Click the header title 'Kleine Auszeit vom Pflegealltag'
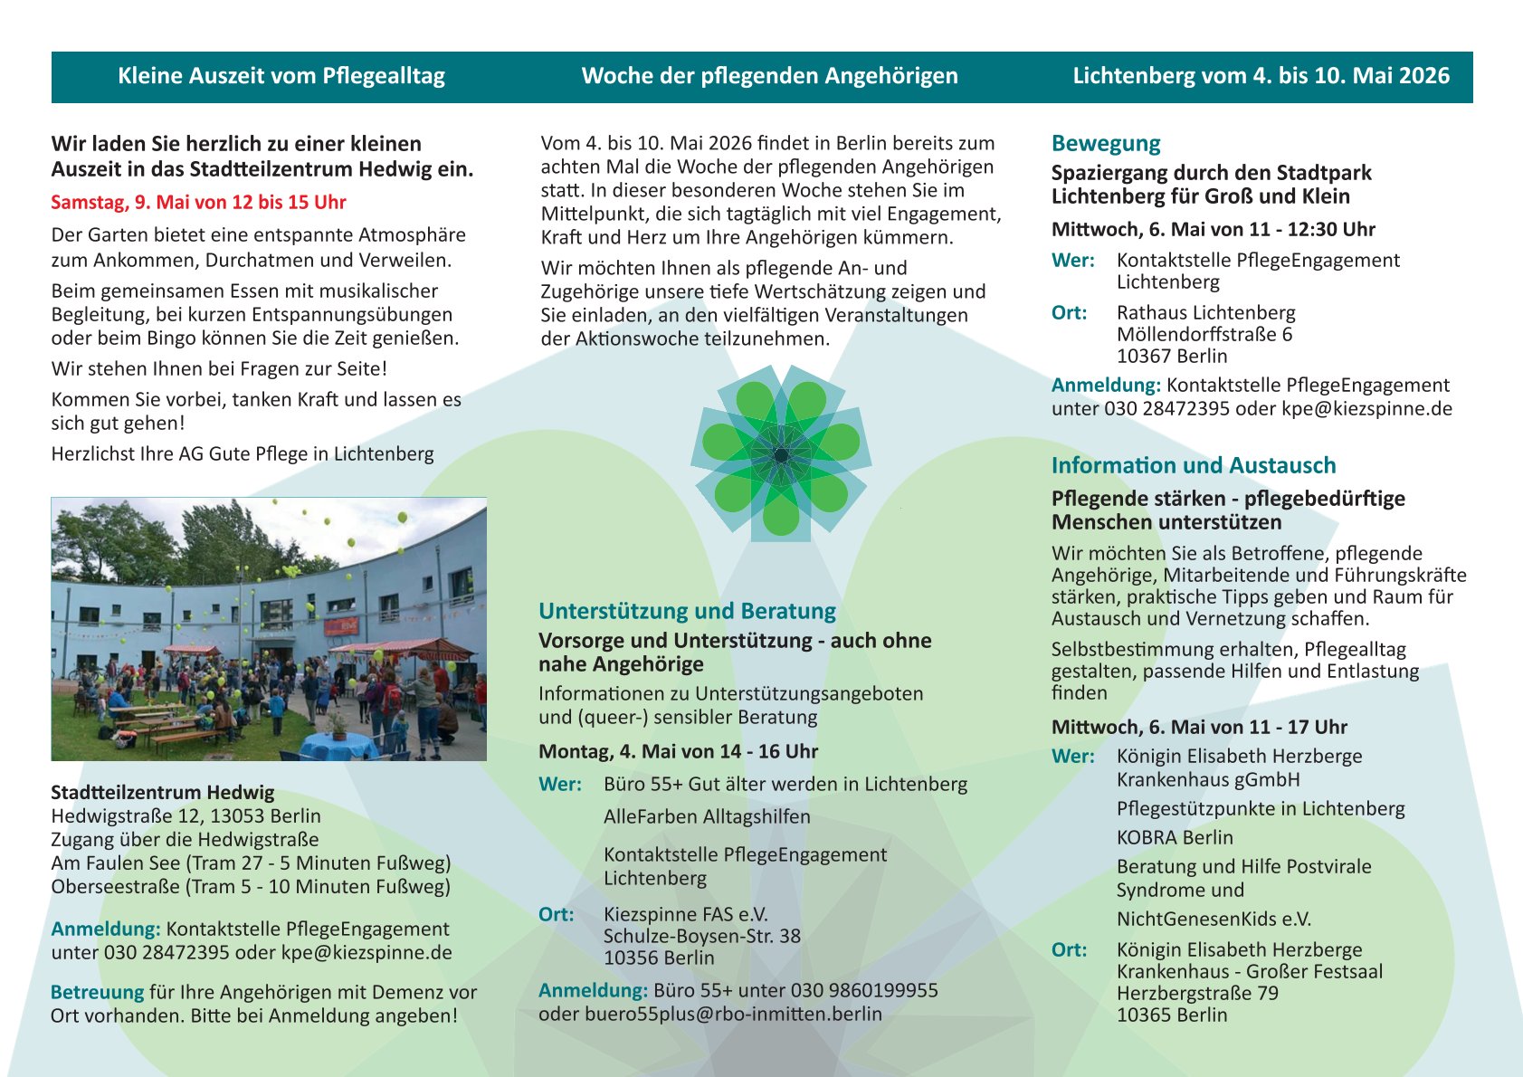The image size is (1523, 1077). pyautogui.click(x=281, y=76)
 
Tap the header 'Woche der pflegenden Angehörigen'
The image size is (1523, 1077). pyautogui.click(x=769, y=76)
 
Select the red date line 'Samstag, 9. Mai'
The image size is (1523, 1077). pyautogui.click(x=198, y=203)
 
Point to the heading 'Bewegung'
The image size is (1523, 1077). pyautogui.click(x=1105, y=144)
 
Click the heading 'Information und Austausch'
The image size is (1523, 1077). pyautogui.click(x=1193, y=466)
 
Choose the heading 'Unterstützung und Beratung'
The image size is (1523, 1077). pyautogui.click(x=687, y=612)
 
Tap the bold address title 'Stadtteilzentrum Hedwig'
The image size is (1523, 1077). pyautogui.click(x=162, y=793)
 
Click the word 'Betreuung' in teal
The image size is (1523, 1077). pyautogui.click(x=97, y=993)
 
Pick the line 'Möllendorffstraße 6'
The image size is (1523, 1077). pyautogui.click(x=1204, y=335)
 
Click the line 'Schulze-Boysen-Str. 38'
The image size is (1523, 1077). pyautogui.click(x=701, y=937)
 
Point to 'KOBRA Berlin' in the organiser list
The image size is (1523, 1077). pyautogui.click(x=1175, y=838)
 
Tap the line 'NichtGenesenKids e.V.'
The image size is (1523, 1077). pyautogui.click(x=1213, y=920)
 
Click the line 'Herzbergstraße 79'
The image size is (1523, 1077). pyautogui.click(x=1197, y=994)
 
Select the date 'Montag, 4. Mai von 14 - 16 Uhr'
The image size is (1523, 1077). pyautogui.click(x=678, y=752)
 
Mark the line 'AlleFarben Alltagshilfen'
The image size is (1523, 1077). pyautogui.click(x=707, y=817)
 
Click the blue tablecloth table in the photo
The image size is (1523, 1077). pyautogui.click(x=337, y=746)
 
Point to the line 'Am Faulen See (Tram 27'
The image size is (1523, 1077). pyautogui.click(x=251, y=863)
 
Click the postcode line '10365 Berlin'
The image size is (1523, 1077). pyautogui.click(x=1171, y=1015)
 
